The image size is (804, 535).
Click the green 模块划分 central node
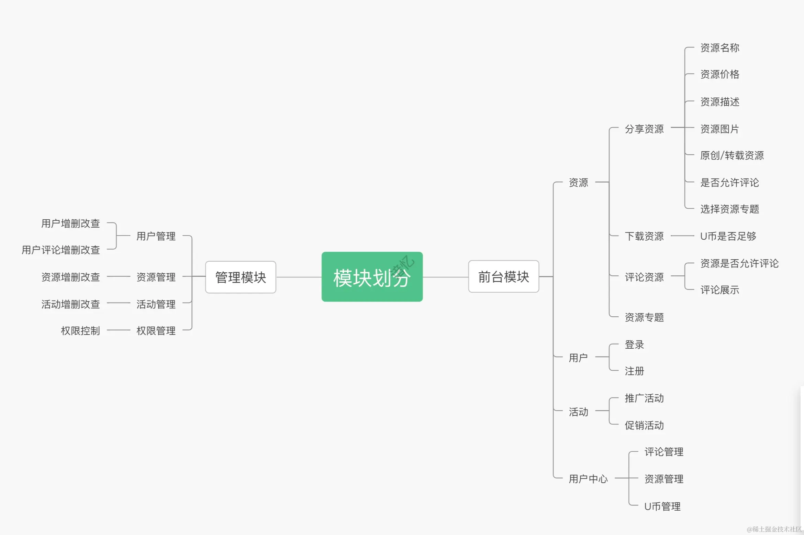pos(372,277)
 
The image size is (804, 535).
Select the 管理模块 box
pos(241,277)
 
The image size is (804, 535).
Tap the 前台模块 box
pos(503,276)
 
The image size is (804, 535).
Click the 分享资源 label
pos(644,129)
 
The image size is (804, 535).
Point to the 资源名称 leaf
pos(719,48)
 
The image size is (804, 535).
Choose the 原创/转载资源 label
pos(732,155)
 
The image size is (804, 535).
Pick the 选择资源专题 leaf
pos(729,209)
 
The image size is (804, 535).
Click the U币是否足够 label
pos(728,236)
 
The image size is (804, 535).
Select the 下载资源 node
pos(644,236)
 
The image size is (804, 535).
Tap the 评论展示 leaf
pos(719,290)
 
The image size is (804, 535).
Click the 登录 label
pos(634,345)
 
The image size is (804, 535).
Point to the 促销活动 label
pos(644,425)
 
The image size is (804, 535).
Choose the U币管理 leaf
pos(662,506)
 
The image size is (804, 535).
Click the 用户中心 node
pos(588,479)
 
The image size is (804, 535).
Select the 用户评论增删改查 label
pos(61,250)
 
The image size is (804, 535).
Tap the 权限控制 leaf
pos(80,331)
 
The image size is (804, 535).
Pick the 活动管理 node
pos(156,304)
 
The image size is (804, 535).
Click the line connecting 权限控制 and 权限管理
pos(119,330)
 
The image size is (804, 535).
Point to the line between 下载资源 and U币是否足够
pos(682,236)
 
